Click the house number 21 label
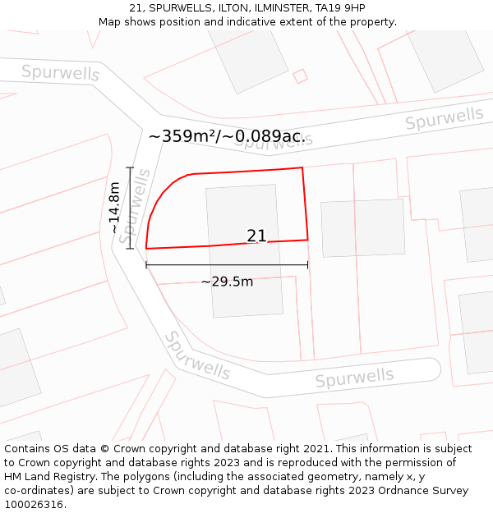[256, 236]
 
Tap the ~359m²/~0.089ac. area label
[227, 136]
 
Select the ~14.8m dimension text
[114, 208]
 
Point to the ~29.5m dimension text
[227, 282]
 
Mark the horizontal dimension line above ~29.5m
[227, 264]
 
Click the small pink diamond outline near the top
[300, 76]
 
